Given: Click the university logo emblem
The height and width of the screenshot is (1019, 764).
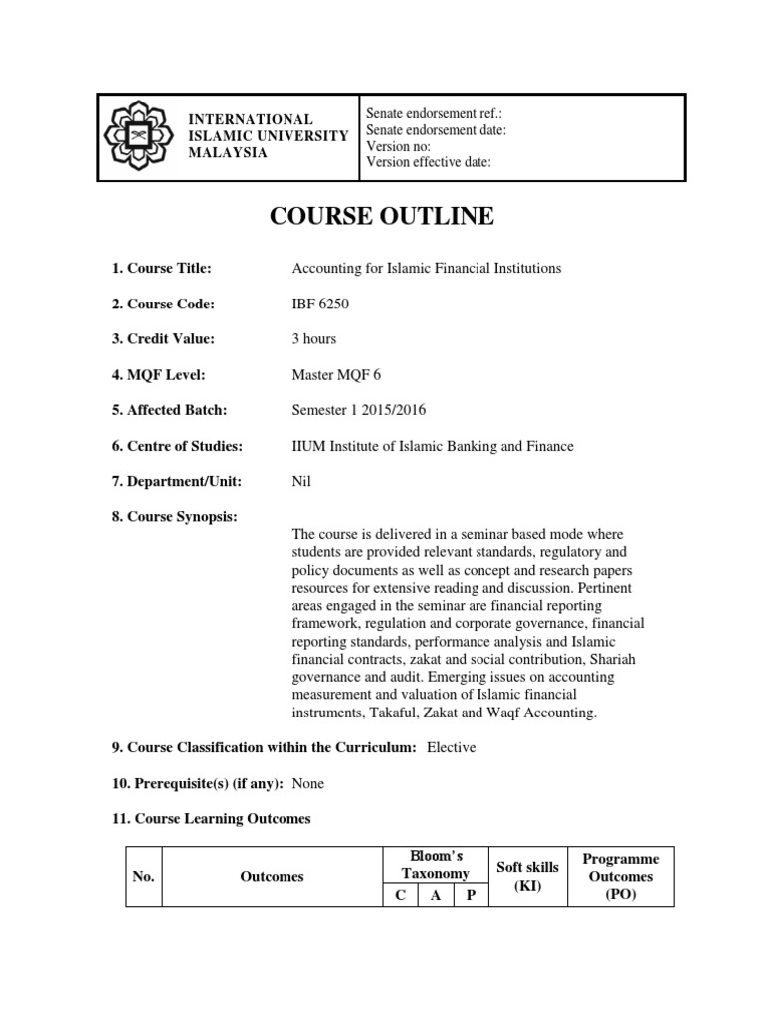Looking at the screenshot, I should (140, 136).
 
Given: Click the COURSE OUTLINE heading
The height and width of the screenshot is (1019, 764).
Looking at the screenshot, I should (382, 216).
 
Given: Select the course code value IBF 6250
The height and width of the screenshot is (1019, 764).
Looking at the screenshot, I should (319, 304).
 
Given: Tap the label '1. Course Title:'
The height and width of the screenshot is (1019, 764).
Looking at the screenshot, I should (162, 268).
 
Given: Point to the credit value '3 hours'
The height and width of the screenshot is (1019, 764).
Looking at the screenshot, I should (313, 339).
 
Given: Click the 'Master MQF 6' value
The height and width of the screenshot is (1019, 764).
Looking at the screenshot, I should (332, 375).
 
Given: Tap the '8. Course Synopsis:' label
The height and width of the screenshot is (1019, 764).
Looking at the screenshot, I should (174, 517).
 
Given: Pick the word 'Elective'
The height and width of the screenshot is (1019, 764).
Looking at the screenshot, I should (451, 747).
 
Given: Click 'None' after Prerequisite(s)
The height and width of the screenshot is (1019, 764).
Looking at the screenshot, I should (308, 783).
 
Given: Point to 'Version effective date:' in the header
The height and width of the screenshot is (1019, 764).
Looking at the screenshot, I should (429, 162).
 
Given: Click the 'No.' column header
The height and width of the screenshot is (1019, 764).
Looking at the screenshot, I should (143, 877).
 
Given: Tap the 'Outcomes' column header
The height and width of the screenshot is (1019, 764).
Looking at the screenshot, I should (272, 877).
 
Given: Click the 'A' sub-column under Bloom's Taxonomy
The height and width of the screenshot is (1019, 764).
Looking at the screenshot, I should (436, 896).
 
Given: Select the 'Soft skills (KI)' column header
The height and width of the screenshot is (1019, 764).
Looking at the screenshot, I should (527, 876).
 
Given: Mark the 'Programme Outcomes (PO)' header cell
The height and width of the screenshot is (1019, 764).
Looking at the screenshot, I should (620, 876).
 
